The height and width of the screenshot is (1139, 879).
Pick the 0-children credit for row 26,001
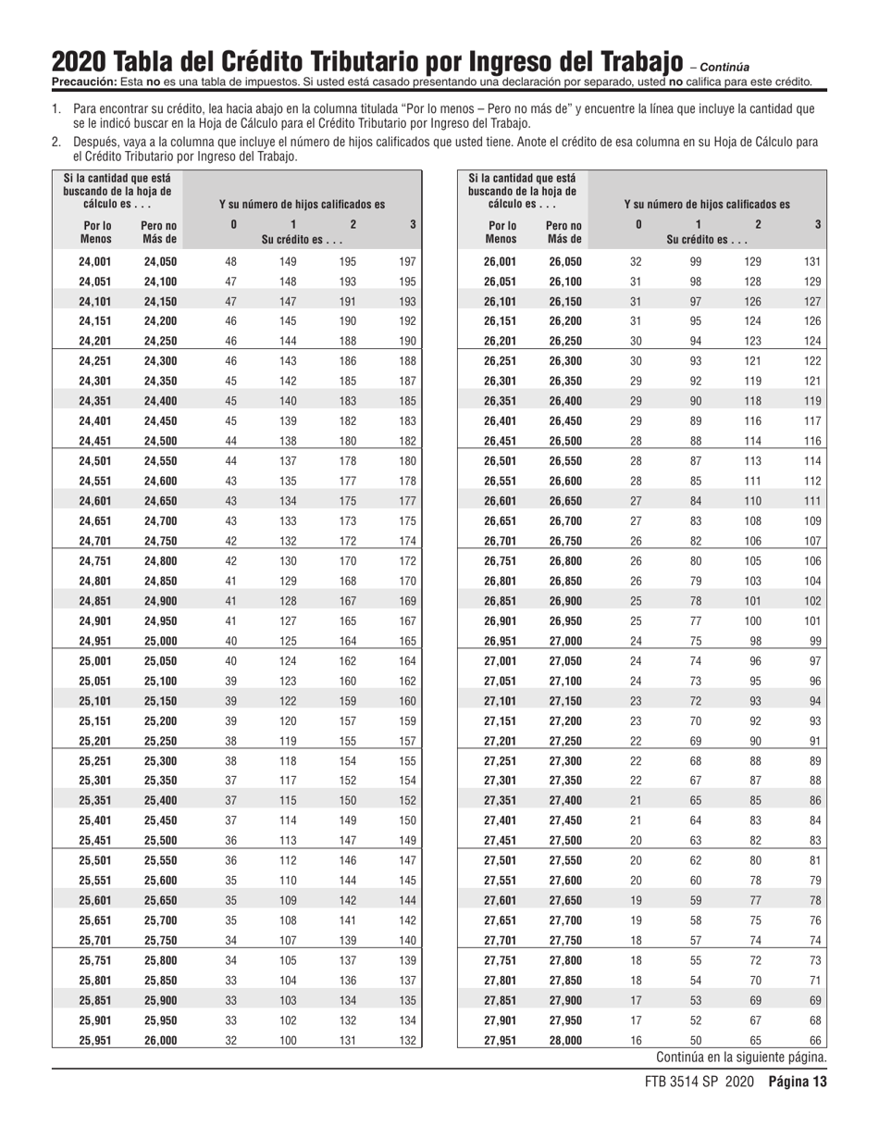click(636, 262)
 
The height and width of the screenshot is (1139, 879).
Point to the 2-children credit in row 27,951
click(756, 1040)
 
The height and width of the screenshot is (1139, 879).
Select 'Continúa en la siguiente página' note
click(741, 1058)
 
